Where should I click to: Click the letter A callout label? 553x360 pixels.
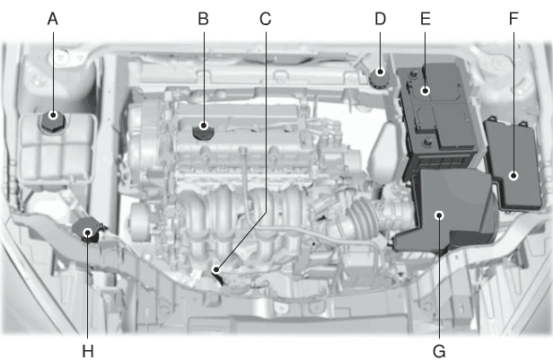(x=53, y=19)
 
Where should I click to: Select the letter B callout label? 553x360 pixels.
(x=203, y=19)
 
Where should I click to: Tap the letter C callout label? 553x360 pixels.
(x=265, y=19)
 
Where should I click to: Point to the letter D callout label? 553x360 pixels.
(x=381, y=19)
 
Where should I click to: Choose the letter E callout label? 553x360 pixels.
(x=426, y=19)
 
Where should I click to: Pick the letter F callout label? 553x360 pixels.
(x=513, y=19)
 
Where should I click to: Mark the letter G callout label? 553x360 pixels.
(x=439, y=351)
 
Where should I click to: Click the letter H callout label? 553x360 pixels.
(x=88, y=351)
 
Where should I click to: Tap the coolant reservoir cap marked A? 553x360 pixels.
(x=53, y=121)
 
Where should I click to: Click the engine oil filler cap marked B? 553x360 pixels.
(x=203, y=131)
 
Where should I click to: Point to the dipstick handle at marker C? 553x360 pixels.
(x=219, y=276)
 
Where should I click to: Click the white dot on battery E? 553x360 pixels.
(x=426, y=91)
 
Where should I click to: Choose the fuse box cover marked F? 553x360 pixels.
(x=512, y=164)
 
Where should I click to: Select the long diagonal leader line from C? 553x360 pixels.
(x=241, y=241)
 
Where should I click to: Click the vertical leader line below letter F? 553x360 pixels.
(x=513, y=102)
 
